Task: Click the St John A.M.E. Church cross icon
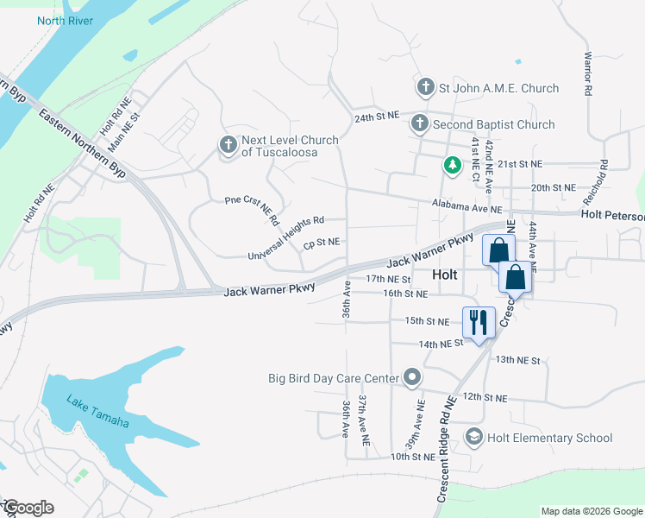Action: pyautogui.click(x=425, y=87)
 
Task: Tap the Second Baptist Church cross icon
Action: pyautogui.click(x=419, y=124)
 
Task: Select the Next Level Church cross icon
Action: pyautogui.click(x=229, y=146)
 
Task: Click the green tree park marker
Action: pyautogui.click(x=451, y=164)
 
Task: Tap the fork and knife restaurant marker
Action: pyautogui.click(x=479, y=323)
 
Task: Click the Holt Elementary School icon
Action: pyautogui.click(x=473, y=438)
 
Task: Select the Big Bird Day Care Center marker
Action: pyautogui.click(x=412, y=377)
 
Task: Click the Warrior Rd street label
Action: pyautogui.click(x=587, y=75)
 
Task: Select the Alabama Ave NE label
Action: pyautogui.click(x=467, y=207)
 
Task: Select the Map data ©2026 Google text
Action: pyautogui.click(x=591, y=511)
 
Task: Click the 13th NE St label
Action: pyautogui.click(x=517, y=360)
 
